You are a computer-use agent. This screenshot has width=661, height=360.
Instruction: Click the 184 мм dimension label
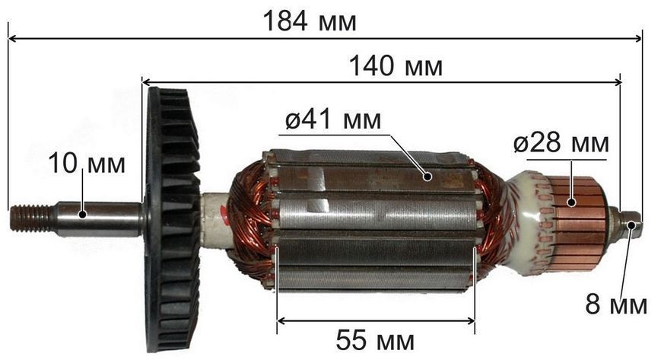310,21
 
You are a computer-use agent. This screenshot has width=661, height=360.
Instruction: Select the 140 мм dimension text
396,66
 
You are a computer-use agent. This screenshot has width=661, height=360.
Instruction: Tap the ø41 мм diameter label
333,119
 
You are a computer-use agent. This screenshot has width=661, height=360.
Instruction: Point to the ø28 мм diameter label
561,144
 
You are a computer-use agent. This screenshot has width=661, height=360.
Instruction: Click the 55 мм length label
375,340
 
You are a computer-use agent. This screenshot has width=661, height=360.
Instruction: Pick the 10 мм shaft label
87,164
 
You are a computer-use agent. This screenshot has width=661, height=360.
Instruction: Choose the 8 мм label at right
616,304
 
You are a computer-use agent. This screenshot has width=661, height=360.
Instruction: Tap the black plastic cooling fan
173,219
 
